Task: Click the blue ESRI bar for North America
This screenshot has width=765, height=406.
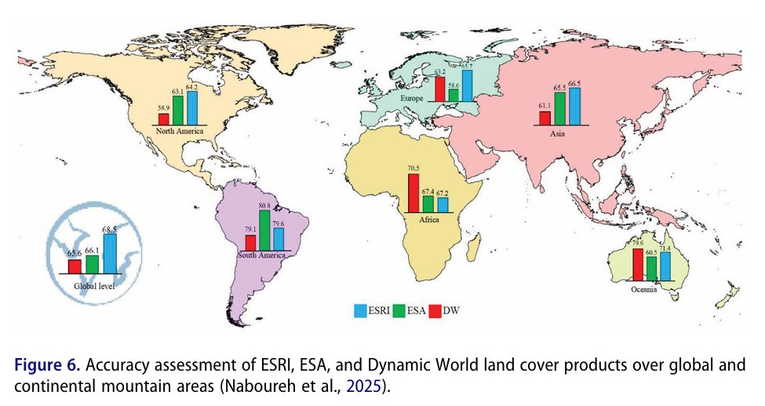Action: (192, 108)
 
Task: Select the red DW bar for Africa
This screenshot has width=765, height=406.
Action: (413, 193)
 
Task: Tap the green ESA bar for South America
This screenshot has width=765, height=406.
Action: (264, 229)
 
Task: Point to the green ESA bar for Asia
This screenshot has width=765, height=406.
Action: (559, 108)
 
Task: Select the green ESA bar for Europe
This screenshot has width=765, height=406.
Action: (454, 95)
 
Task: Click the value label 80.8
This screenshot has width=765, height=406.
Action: (264, 206)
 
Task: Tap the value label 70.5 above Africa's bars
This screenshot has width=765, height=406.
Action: (413, 169)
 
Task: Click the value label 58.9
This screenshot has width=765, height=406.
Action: (163, 108)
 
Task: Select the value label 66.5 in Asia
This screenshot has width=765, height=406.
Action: (574, 83)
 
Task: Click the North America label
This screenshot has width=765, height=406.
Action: (178, 131)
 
